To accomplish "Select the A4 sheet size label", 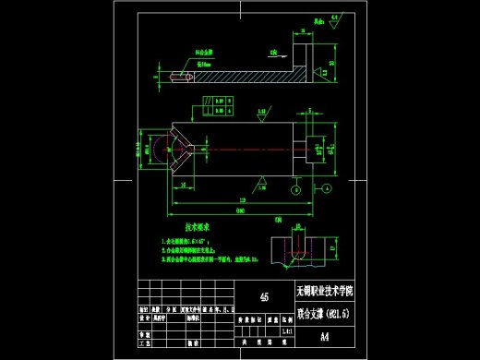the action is pos(325,337).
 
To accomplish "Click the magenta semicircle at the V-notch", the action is pos(161,148).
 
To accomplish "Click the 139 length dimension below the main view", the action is pos(242,198).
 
